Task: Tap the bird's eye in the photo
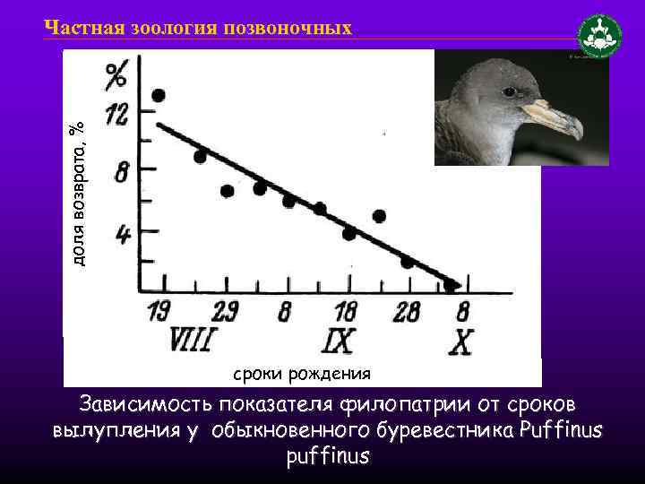click(509, 91)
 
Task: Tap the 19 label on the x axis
click(159, 312)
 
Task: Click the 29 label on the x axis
click(224, 312)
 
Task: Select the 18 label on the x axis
click(344, 312)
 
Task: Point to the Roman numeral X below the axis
click(461, 341)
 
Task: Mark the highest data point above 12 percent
click(159, 96)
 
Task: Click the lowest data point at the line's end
click(450, 286)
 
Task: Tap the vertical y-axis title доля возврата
click(78, 193)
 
